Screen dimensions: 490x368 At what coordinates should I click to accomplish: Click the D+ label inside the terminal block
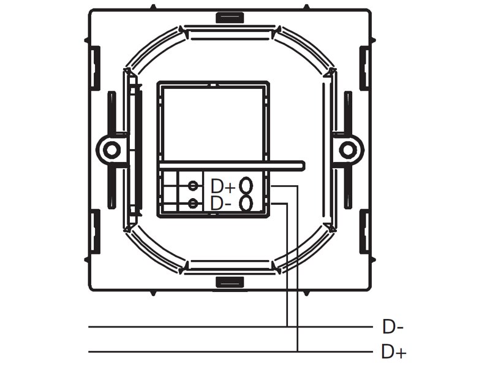(223, 186)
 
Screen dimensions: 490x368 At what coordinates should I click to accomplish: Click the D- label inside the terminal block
(221, 204)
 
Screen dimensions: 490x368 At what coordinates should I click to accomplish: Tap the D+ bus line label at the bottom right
(394, 351)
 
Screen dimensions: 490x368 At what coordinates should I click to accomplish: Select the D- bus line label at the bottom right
(393, 327)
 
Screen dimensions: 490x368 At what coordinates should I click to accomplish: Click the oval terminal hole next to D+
(246, 185)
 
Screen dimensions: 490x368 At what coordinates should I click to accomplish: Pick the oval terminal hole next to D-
(246, 204)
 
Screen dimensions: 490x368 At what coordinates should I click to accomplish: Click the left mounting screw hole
(110, 150)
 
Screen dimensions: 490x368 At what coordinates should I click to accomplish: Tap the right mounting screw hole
(347, 150)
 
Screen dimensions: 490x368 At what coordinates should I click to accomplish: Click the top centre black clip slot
(230, 17)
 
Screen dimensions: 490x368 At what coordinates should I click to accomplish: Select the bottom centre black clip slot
(230, 282)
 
